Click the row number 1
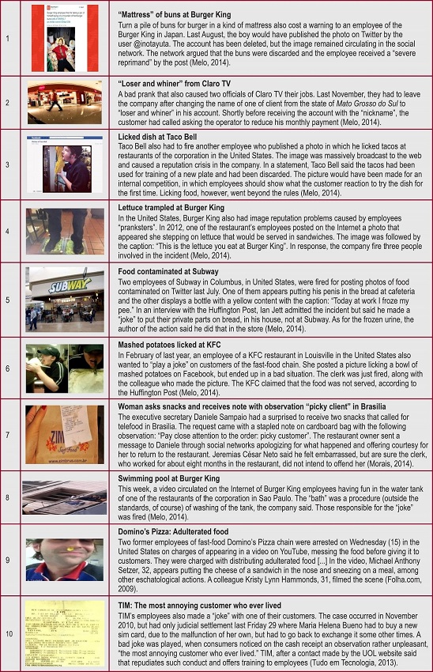point(7,38)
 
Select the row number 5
point(7,300)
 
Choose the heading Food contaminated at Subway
point(168,272)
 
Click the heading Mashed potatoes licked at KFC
point(171,345)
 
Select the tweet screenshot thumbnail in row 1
point(65,38)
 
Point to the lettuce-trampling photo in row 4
point(65,231)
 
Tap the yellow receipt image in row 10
point(65,632)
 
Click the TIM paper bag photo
point(65,435)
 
